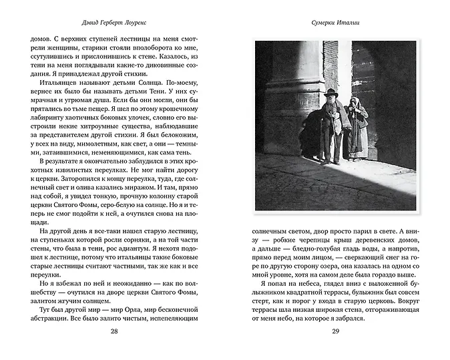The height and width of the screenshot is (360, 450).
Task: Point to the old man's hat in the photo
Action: pyautogui.click(x=332, y=92)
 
